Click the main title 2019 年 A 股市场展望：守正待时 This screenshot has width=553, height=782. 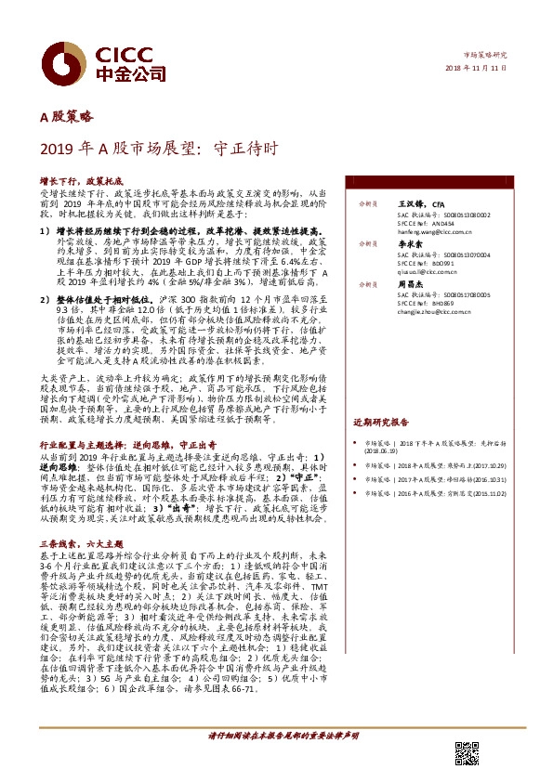[158, 147]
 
